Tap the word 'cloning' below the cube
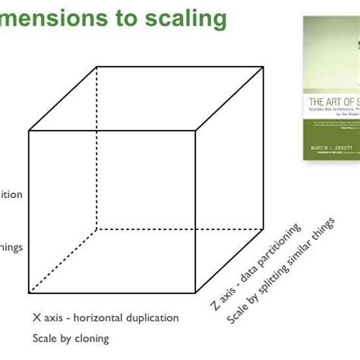(x=90, y=338)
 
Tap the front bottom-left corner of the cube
(x=29, y=293)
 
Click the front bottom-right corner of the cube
(x=197, y=293)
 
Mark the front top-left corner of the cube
(x=29, y=131)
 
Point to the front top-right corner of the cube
(x=197, y=131)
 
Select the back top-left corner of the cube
(x=97, y=67)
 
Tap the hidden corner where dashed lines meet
(x=97, y=228)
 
